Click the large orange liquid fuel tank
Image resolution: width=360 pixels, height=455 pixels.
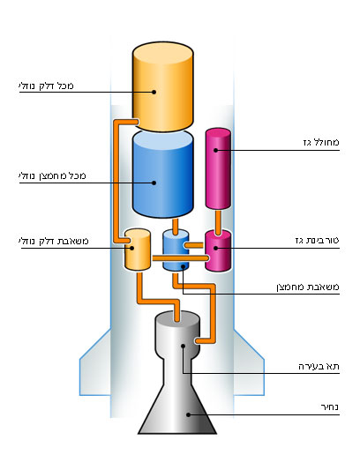point(162,86)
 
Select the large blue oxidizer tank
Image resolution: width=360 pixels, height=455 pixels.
point(162,175)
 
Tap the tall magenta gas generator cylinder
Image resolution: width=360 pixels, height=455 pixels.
point(218,168)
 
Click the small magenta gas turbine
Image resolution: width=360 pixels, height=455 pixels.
point(218,250)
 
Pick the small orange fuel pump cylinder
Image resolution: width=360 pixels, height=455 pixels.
point(138,250)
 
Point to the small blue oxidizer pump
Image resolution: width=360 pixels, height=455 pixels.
point(176,250)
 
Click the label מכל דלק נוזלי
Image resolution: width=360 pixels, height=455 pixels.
point(46,86)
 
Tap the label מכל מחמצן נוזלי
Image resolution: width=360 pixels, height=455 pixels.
point(52,175)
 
